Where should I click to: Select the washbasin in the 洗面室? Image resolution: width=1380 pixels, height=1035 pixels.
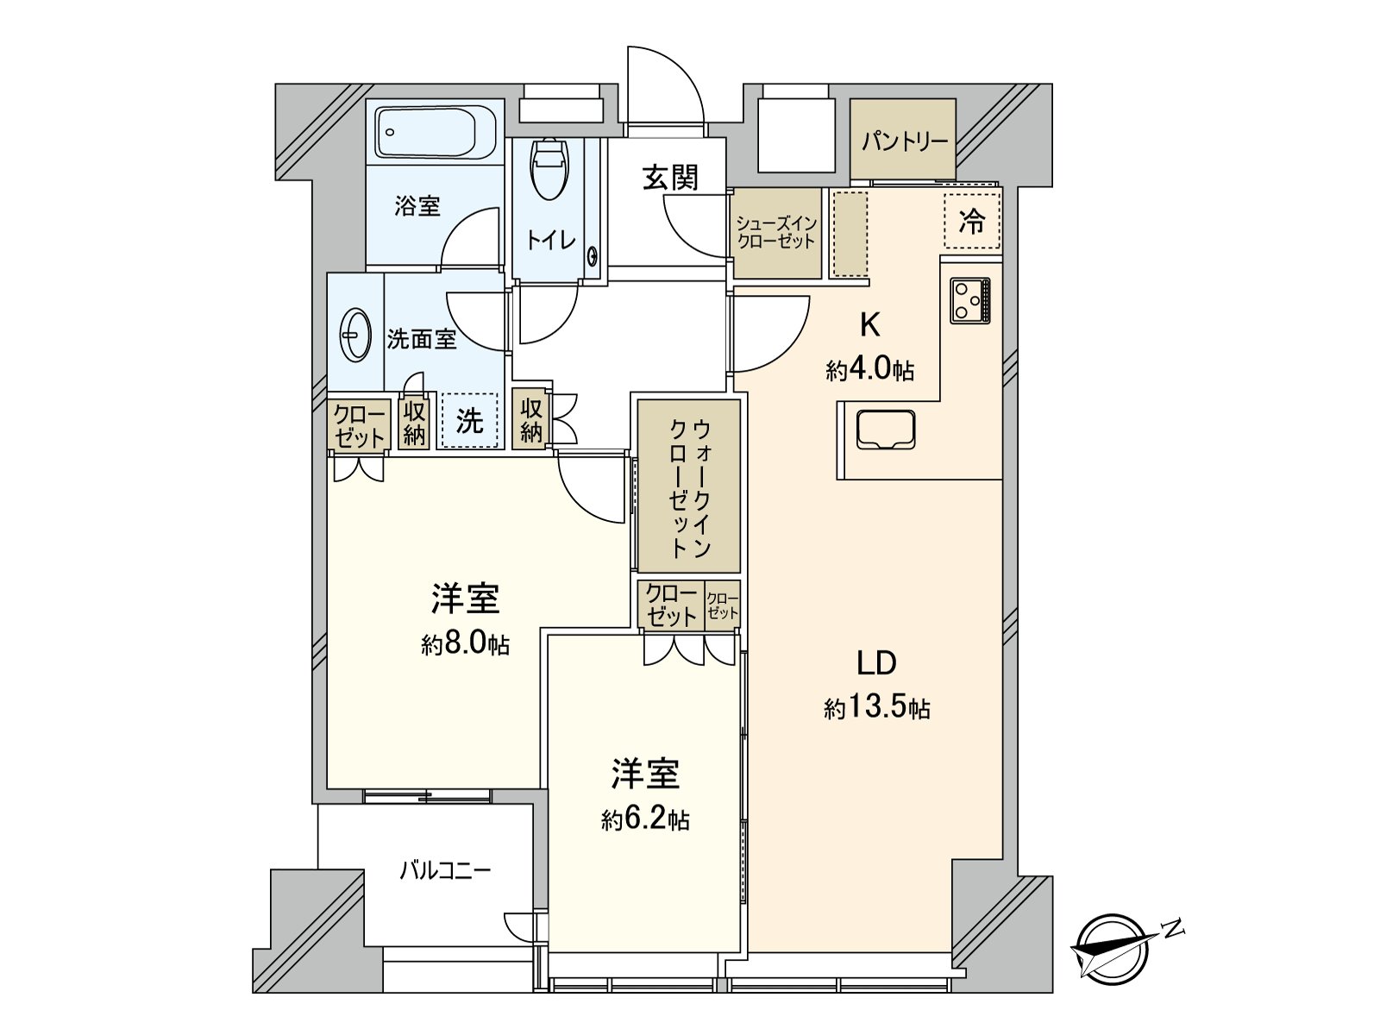pos(355,333)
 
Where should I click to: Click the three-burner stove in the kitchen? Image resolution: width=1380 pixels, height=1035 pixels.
pos(970,300)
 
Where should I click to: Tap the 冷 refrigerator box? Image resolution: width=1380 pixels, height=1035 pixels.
pos(972,222)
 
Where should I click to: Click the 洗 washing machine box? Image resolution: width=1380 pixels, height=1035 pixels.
pos(470,421)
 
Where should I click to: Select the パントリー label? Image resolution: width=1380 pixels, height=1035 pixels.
pos(903,141)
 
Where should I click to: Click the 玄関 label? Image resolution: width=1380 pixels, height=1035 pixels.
pos(669,178)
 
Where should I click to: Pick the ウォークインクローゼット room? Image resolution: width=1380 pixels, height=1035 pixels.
pos(689,486)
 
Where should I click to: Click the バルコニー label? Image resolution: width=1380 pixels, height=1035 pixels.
pos(445,870)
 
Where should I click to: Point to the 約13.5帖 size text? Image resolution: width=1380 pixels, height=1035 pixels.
pos(876,709)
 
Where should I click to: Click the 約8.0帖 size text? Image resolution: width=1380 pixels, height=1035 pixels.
pos(465,644)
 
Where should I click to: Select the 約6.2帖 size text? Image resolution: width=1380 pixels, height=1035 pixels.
pos(645,819)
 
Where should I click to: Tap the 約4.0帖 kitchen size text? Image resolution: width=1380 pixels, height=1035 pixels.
pos(869,371)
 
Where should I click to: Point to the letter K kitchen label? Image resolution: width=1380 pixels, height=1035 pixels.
pos(869,326)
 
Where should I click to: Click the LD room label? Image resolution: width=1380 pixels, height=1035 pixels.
pos(876,663)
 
